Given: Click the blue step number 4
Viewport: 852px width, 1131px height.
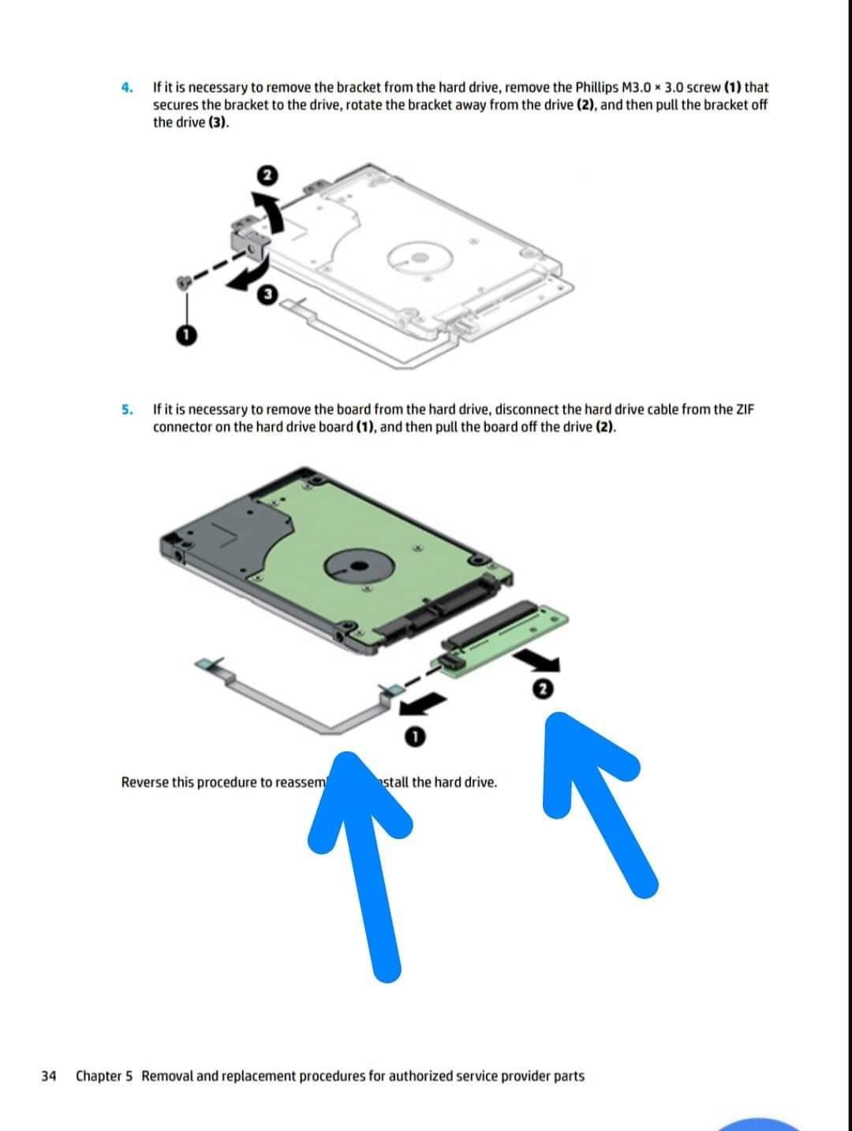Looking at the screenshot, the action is pyautogui.click(x=127, y=88).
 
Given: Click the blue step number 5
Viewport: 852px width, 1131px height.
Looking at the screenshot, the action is pyautogui.click(x=127, y=410).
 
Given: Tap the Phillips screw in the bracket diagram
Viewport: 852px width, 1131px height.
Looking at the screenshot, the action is pyautogui.click(x=183, y=282).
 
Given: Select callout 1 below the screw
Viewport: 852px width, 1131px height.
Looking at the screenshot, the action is pyautogui.click(x=186, y=335).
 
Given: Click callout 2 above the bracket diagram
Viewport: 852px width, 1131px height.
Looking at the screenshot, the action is pyautogui.click(x=267, y=176).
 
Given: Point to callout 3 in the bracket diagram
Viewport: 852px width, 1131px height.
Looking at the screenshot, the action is pyautogui.click(x=267, y=295).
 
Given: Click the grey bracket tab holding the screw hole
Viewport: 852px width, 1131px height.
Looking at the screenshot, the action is pyautogui.click(x=249, y=247).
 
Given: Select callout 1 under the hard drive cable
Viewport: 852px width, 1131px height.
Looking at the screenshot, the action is pyautogui.click(x=416, y=737).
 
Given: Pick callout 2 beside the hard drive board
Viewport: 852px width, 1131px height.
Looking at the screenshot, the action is pyautogui.click(x=543, y=689).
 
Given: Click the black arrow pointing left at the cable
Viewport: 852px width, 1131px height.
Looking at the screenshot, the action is pyautogui.click(x=422, y=704).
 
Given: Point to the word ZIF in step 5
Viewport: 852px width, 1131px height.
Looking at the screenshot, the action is pyautogui.click(x=745, y=410).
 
